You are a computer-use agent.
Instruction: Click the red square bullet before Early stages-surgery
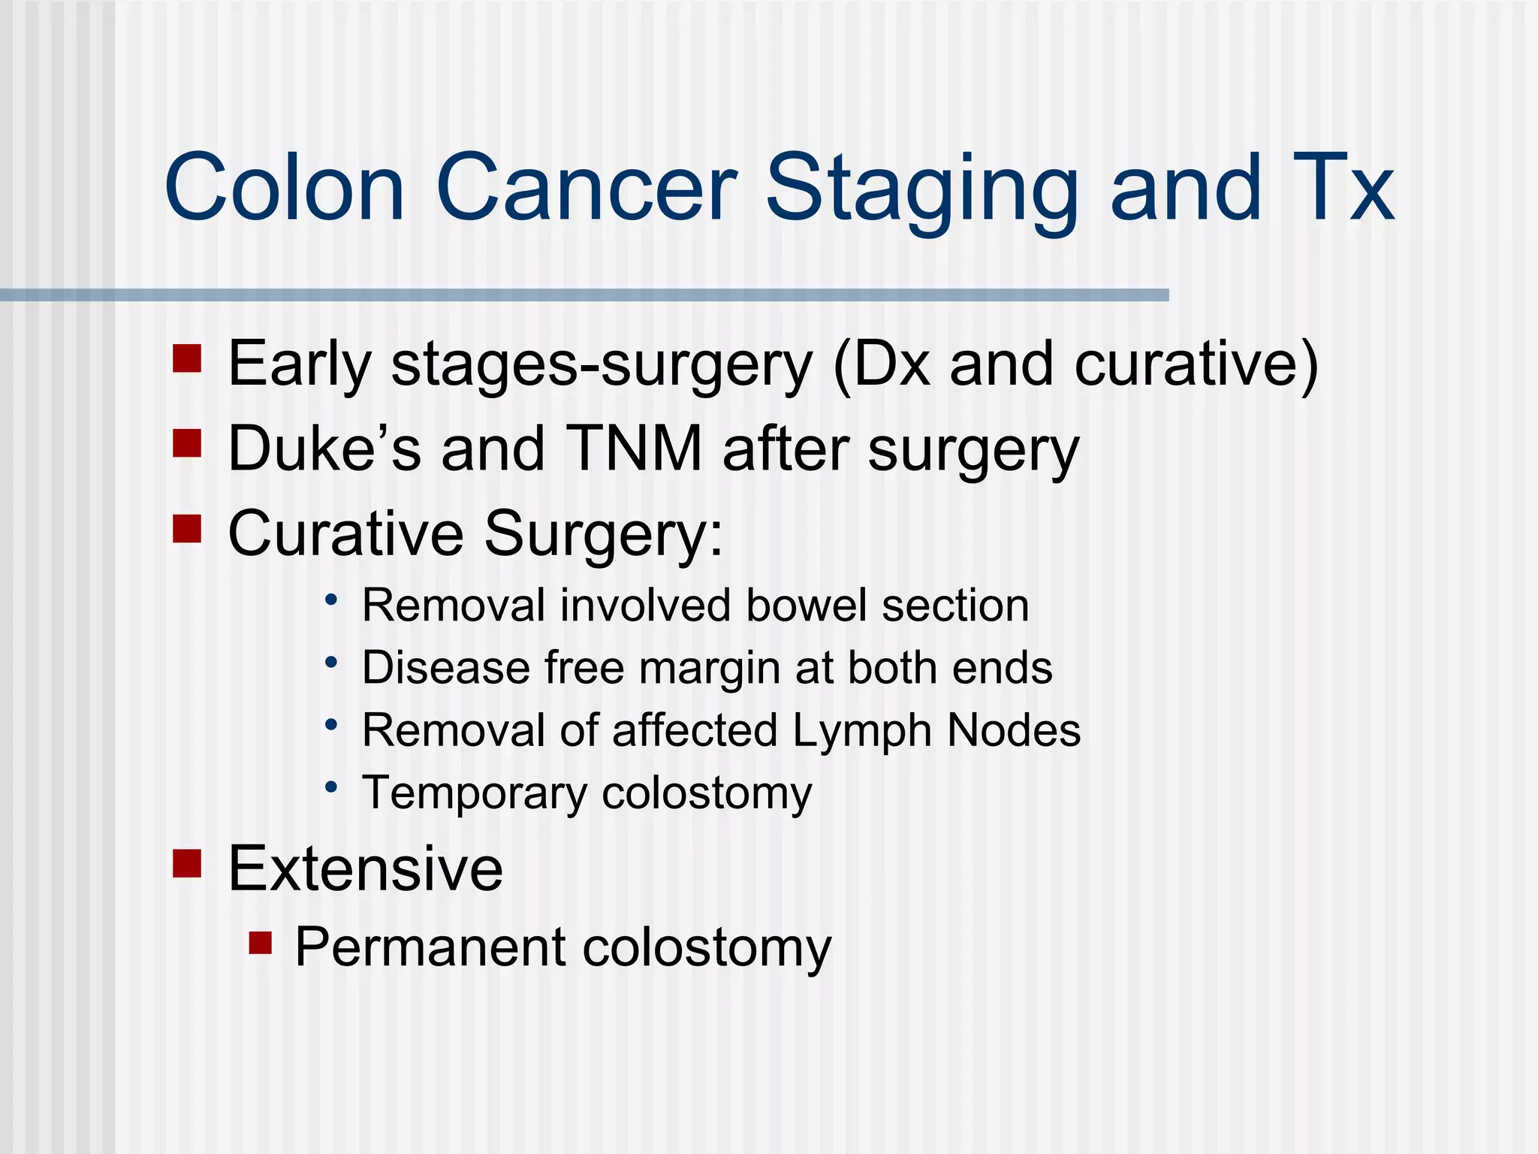187,358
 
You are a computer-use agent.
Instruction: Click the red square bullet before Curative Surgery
187,528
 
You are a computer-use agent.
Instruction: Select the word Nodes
1014,730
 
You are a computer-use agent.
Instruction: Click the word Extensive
365,869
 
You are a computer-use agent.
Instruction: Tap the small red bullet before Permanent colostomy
261,942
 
